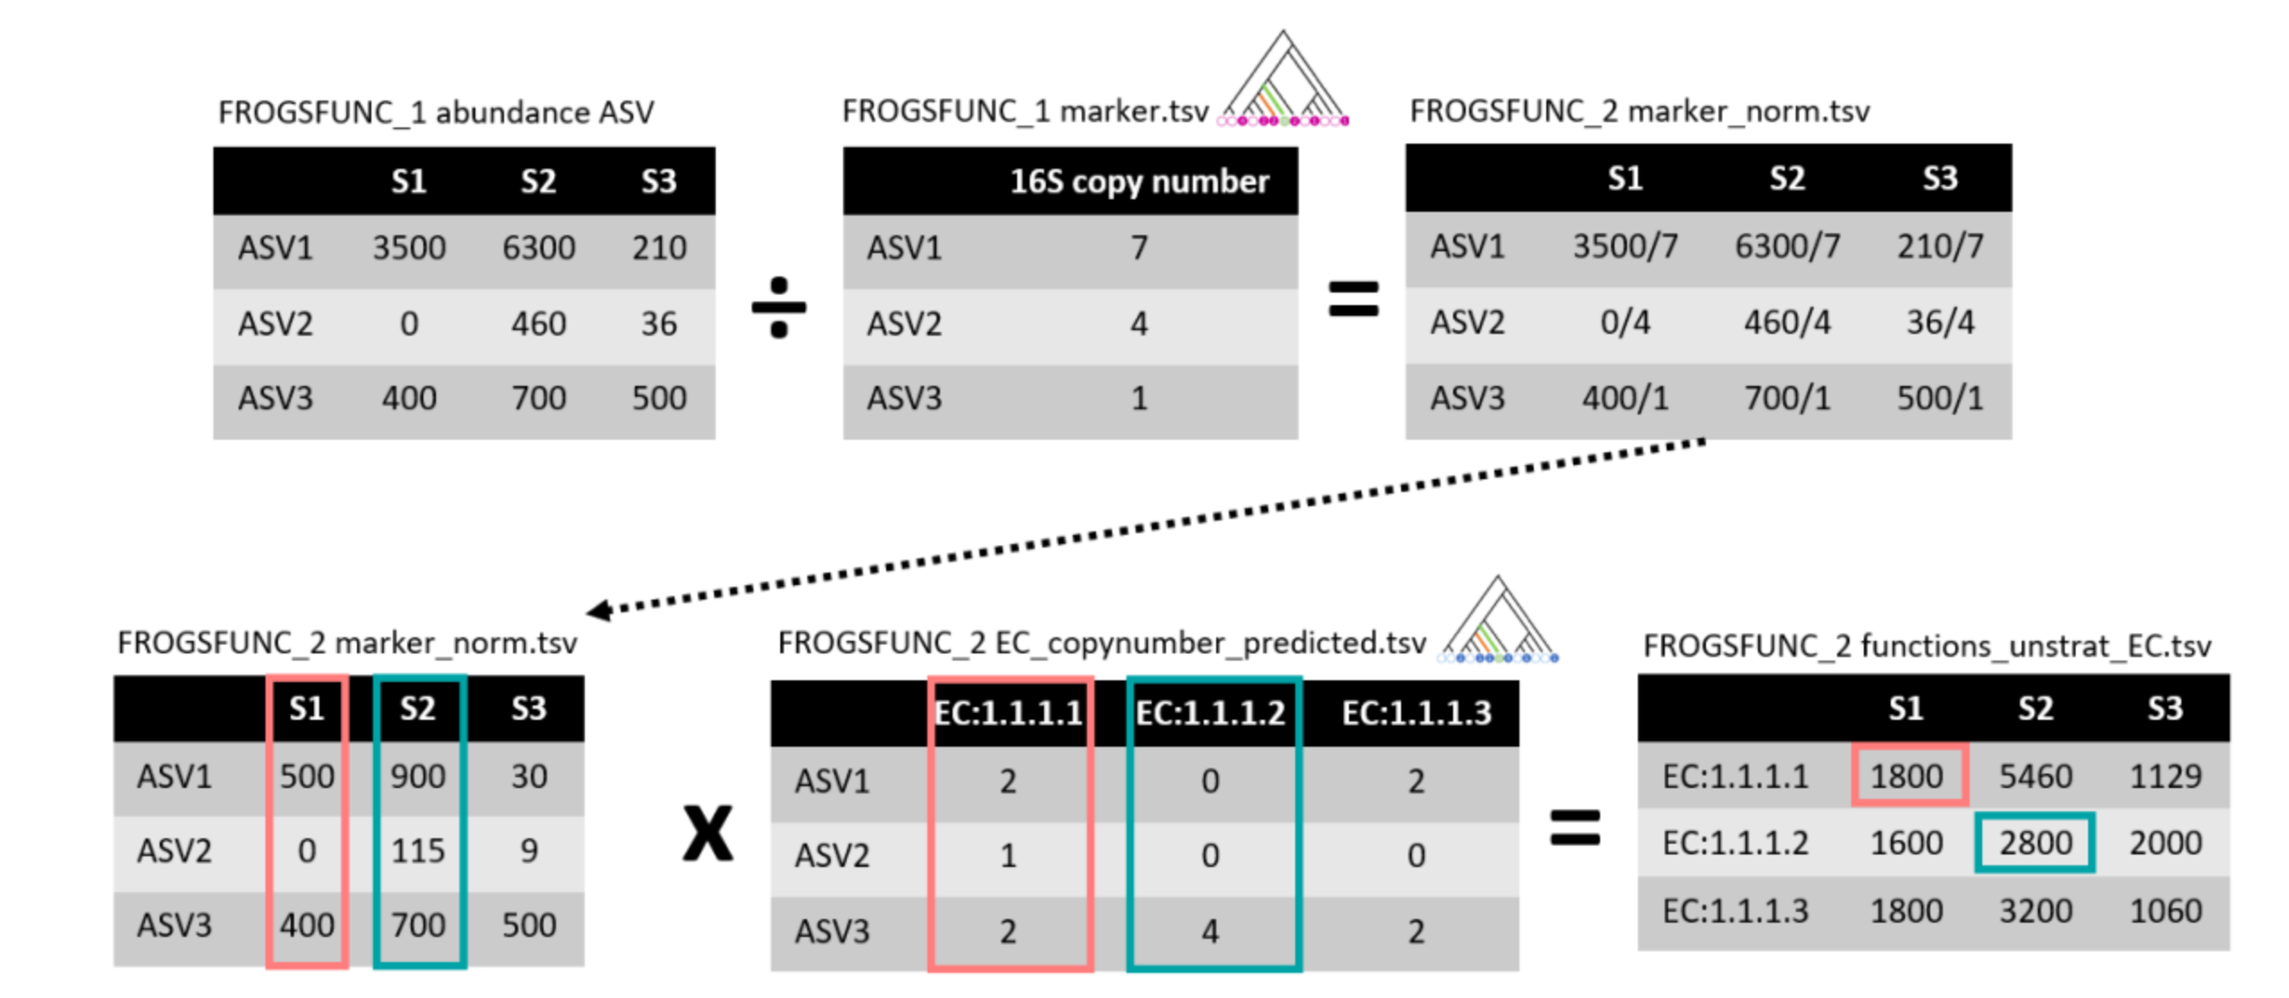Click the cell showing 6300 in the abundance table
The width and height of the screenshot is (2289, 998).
point(537,248)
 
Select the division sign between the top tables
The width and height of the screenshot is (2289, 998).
point(778,307)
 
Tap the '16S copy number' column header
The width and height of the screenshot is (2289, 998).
point(1138,181)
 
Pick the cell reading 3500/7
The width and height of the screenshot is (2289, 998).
point(1623,246)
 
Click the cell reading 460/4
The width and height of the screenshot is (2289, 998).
point(1786,322)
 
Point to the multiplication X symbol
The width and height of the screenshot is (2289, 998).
point(707,833)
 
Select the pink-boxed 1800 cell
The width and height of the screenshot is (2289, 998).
point(1907,775)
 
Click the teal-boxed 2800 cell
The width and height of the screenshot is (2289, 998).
point(2034,843)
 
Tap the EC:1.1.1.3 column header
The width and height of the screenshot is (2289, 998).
point(1415,713)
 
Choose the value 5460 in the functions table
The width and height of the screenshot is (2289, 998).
point(2034,775)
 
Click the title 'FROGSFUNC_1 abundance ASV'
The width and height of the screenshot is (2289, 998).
point(436,113)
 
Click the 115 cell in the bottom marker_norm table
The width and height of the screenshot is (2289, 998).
point(417,850)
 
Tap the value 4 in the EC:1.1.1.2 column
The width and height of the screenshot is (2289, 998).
point(1209,931)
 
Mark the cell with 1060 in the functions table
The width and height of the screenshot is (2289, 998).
point(2164,911)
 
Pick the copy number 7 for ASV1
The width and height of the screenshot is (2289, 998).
point(1138,248)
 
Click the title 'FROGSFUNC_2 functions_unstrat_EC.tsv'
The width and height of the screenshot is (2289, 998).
point(1926,645)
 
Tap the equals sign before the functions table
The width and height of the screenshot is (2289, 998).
point(1574,827)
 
